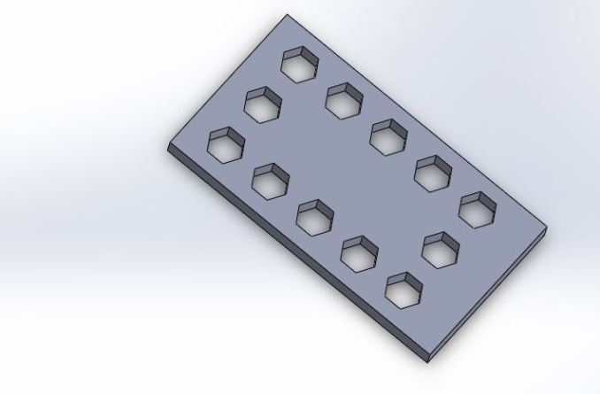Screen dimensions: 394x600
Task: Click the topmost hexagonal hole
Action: point(300,66)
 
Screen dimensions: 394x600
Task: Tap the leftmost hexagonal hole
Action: point(226,144)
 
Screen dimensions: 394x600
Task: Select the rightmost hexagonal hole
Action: point(477,208)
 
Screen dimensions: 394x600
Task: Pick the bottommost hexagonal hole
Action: point(404,289)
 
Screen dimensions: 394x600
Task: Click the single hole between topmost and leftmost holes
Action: point(263,105)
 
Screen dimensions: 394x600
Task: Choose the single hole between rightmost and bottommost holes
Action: point(440,249)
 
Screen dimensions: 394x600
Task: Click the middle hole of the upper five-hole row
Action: point(388,135)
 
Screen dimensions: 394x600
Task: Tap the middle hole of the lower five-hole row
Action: point(314,217)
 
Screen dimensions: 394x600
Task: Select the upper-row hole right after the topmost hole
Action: point(343,99)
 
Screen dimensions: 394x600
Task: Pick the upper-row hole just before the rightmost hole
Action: point(433,172)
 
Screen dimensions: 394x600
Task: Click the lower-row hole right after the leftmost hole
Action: point(270,181)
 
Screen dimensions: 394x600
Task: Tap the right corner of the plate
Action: point(545,228)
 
